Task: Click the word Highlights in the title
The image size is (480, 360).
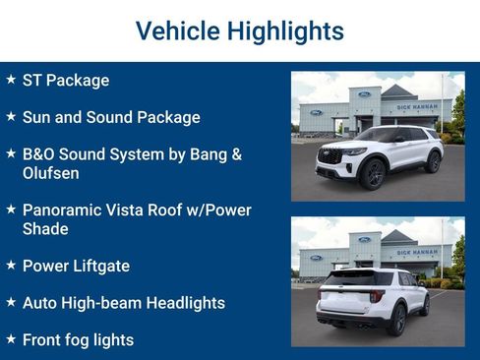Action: (x=285, y=30)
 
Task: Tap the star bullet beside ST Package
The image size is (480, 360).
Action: (x=11, y=79)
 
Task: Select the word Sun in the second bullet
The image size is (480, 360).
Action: (x=38, y=117)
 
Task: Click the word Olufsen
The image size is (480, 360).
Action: (x=50, y=173)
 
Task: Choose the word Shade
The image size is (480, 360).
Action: (x=45, y=229)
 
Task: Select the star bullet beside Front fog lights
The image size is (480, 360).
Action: (x=11, y=338)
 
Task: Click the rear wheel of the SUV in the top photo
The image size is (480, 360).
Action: (x=433, y=161)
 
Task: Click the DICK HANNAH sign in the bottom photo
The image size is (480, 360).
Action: (x=417, y=252)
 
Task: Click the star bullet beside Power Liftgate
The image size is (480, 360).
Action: (x=11, y=265)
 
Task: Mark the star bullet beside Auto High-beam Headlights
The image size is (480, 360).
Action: (x=11, y=302)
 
